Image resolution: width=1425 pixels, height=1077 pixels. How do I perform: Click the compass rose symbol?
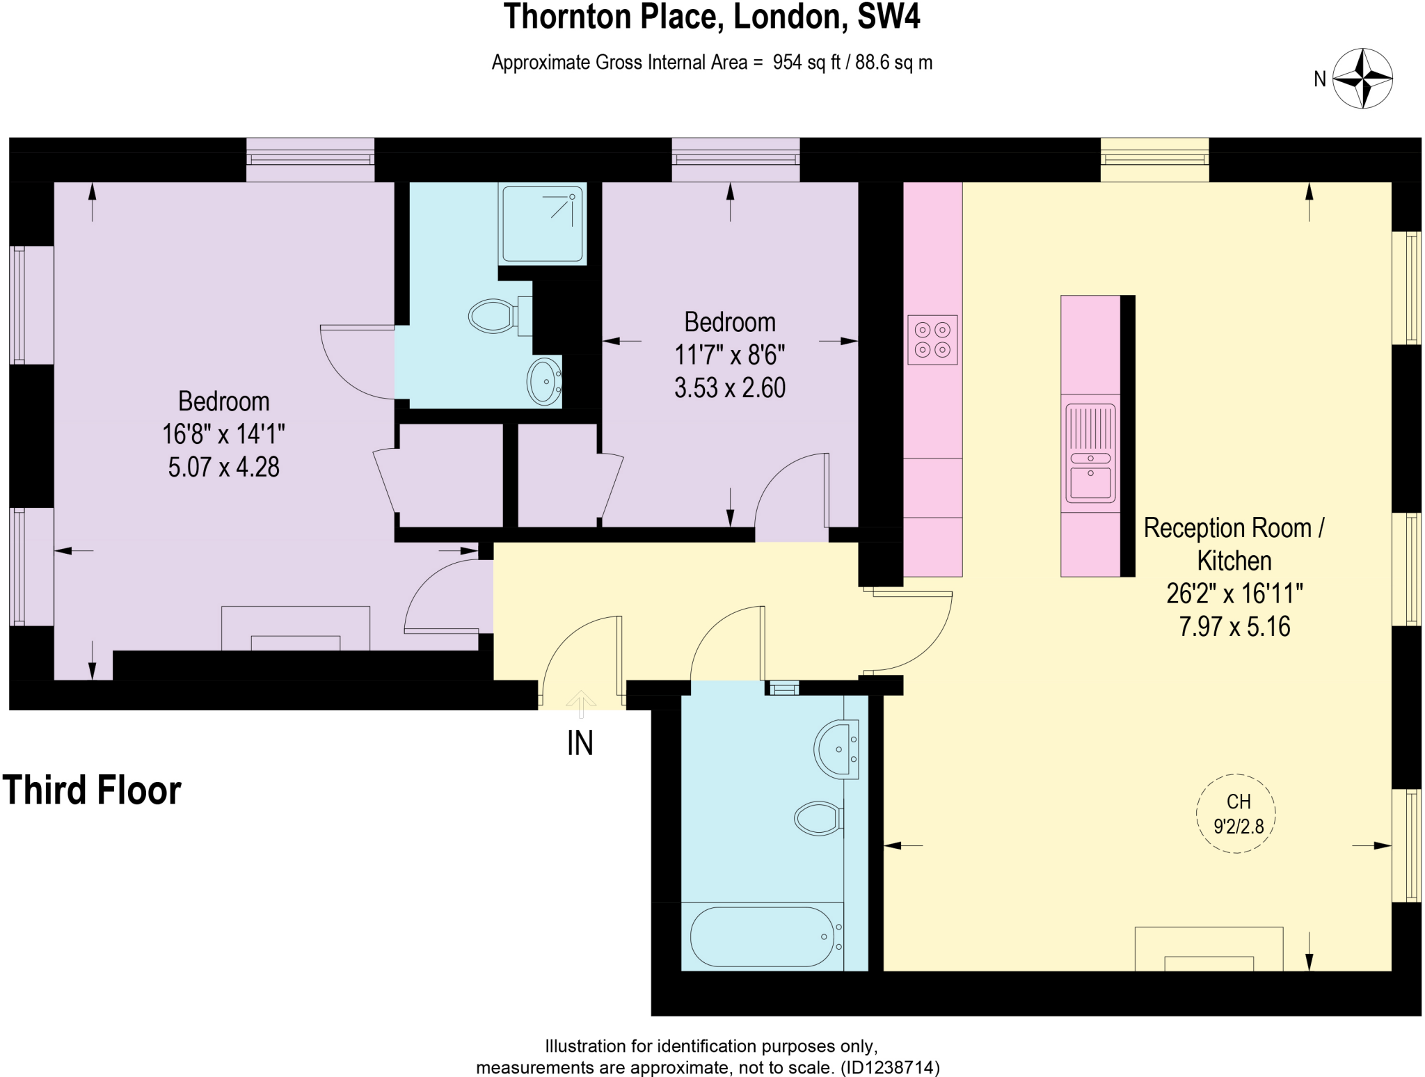pyautogui.click(x=1362, y=79)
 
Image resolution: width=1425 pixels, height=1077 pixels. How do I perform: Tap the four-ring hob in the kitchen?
pyautogui.click(x=932, y=340)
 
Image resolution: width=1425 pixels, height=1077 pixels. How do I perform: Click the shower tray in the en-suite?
pyautogui.click(x=542, y=223)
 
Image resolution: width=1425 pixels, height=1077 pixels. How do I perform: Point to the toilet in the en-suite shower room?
pyautogui.click(x=493, y=317)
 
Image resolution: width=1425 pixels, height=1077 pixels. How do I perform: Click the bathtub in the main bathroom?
pyautogui.click(x=762, y=936)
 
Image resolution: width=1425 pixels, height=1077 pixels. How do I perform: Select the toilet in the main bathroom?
pyautogui.click(x=818, y=818)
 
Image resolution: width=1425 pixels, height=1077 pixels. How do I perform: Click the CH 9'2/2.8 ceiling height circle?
pyautogui.click(x=1236, y=813)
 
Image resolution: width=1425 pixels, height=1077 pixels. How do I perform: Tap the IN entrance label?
pyautogui.click(x=580, y=743)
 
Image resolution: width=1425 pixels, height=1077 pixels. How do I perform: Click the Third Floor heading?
pyautogui.click(x=91, y=790)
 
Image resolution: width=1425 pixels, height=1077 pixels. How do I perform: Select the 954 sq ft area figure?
pyautogui.click(x=806, y=63)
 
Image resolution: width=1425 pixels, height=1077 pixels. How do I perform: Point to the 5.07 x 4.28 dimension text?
pyautogui.click(x=223, y=467)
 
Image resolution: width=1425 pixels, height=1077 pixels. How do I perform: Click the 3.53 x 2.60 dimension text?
pyautogui.click(x=729, y=388)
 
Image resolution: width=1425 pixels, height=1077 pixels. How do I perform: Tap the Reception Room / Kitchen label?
pyautogui.click(x=1234, y=544)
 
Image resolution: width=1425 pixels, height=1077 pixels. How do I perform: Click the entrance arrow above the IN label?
pyautogui.click(x=580, y=701)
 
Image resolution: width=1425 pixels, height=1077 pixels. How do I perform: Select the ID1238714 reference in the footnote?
pyautogui.click(x=891, y=1067)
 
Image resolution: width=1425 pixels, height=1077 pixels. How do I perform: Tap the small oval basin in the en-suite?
pyautogui.click(x=544, y=381)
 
